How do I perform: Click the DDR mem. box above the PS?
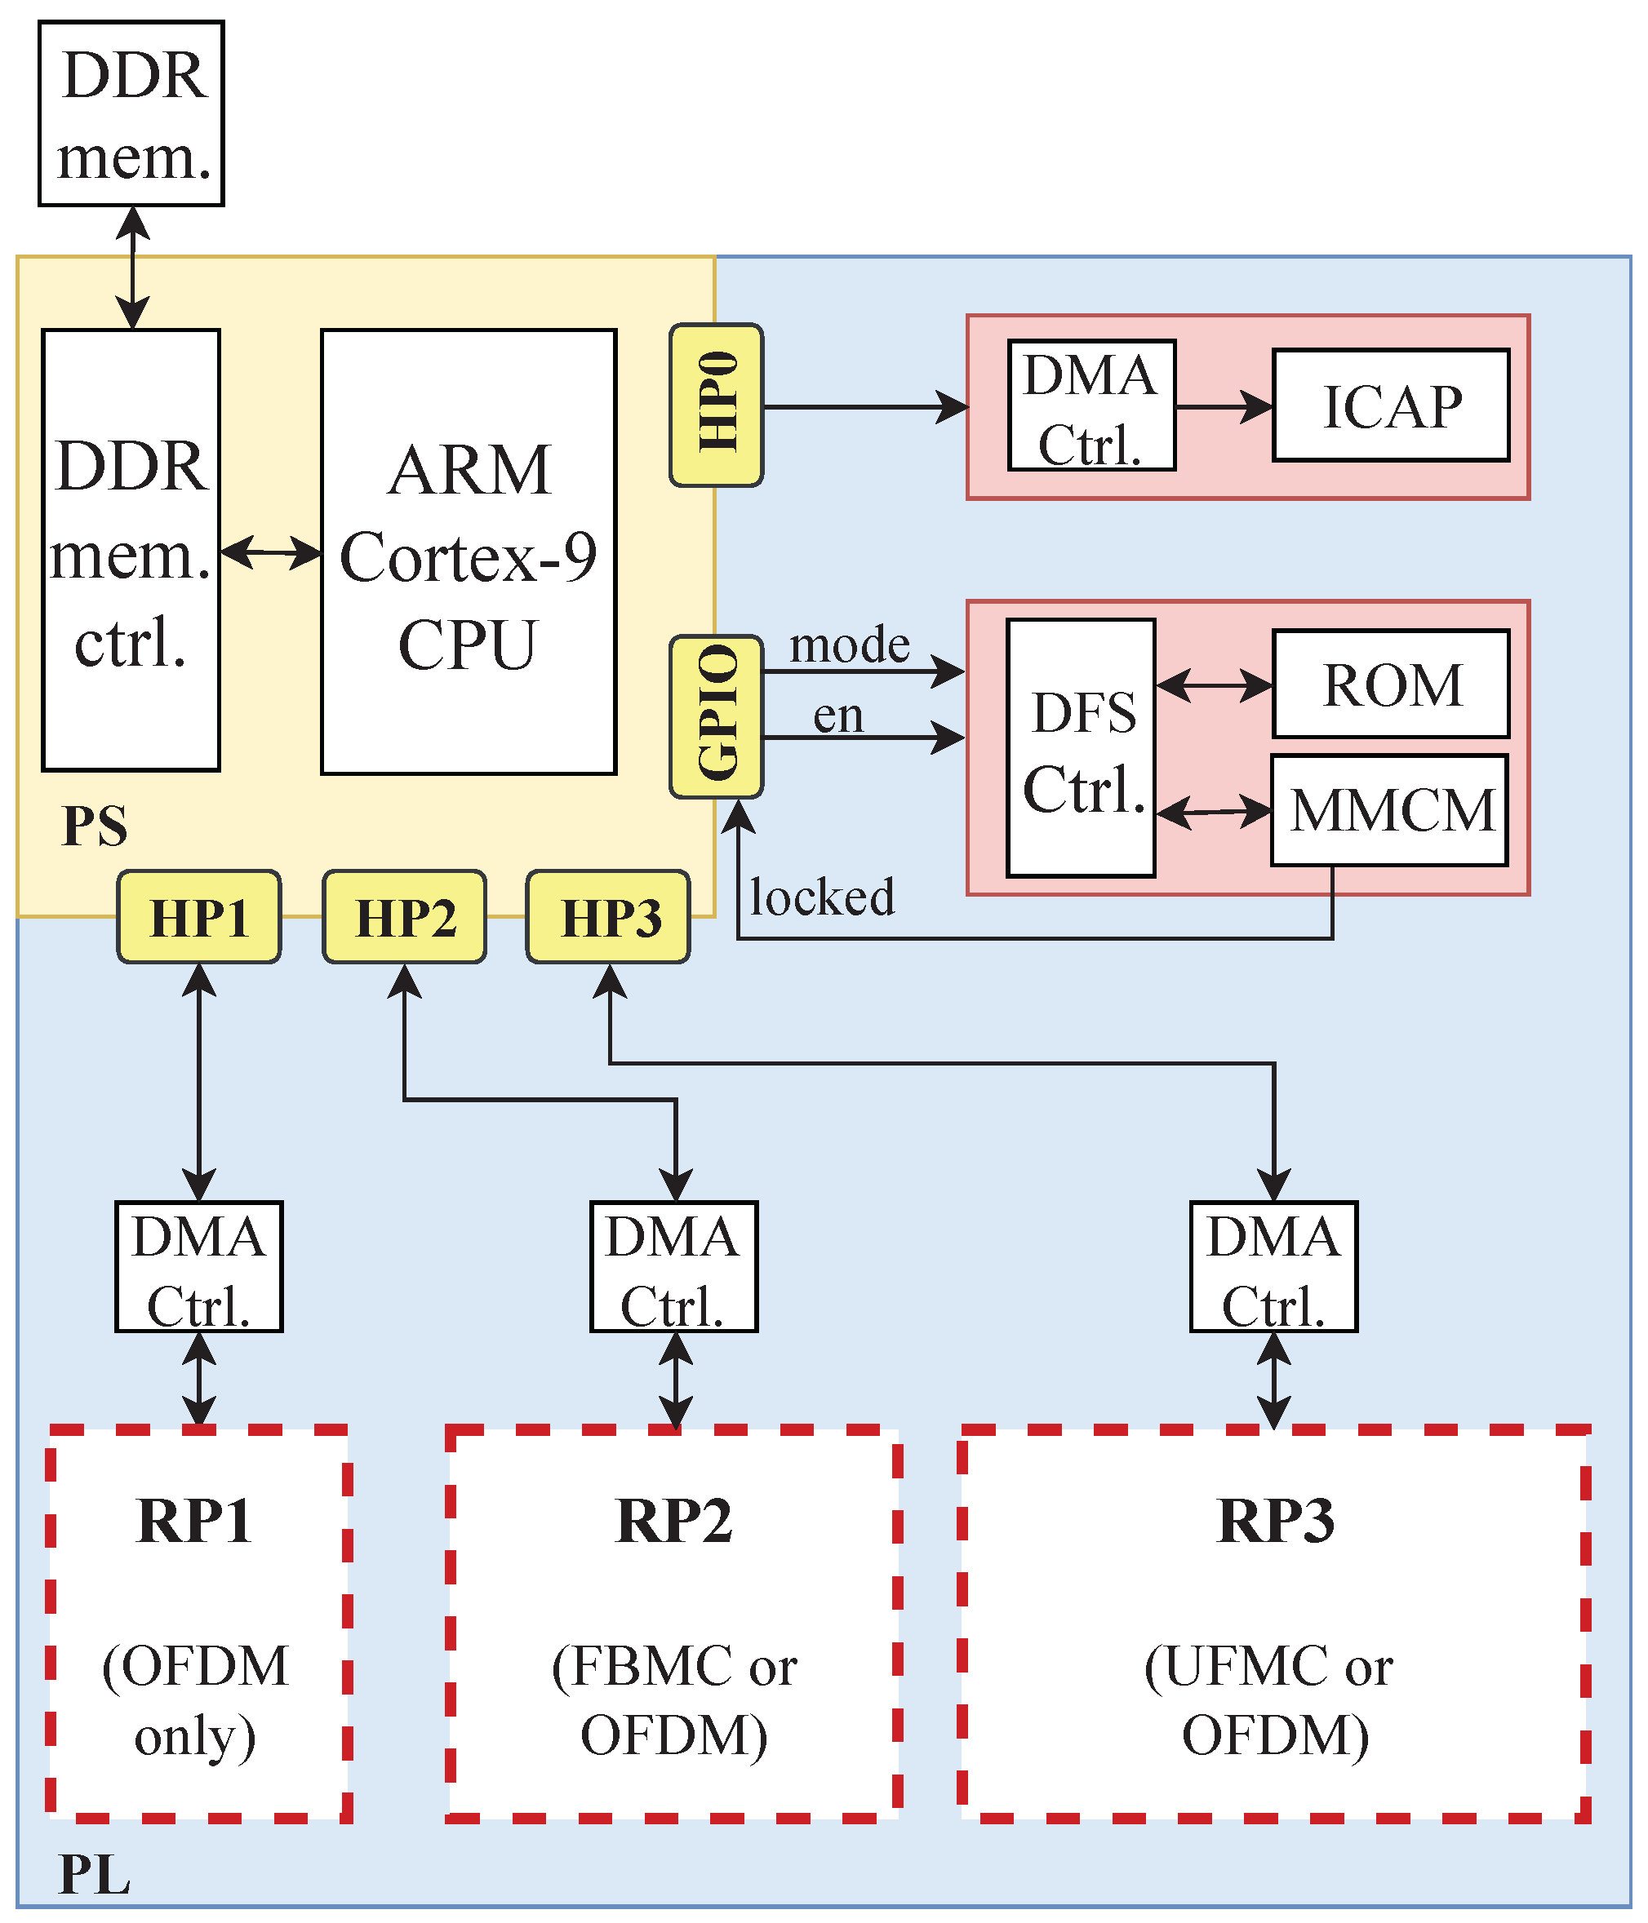[x=131, y=113]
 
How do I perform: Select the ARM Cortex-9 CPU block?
[x=468, y=552]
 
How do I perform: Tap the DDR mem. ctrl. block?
[x=131, y=551]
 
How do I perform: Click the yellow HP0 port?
[x=716, y=405]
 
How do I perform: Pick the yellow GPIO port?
[x=716, y=716]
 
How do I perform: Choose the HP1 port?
[x=198, y=917]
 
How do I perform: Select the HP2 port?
[x=404, y=917]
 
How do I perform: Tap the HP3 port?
[x=608, y=917]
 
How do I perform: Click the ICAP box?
[x=1390, y=405]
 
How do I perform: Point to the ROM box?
[x=1390, y=684]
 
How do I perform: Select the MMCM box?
[x=1390, y=810]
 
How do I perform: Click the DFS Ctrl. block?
[x=1081, y=748]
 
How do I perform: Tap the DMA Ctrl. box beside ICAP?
[x=1091, y=405]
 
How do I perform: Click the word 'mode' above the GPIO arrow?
[x=849, y=645]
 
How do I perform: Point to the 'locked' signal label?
[x=822, y=897]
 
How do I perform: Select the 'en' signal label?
[x=837, y=716]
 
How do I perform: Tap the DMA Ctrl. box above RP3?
[x=1273, y=1267]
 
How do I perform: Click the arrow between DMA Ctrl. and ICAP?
[x=1224, y=406]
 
